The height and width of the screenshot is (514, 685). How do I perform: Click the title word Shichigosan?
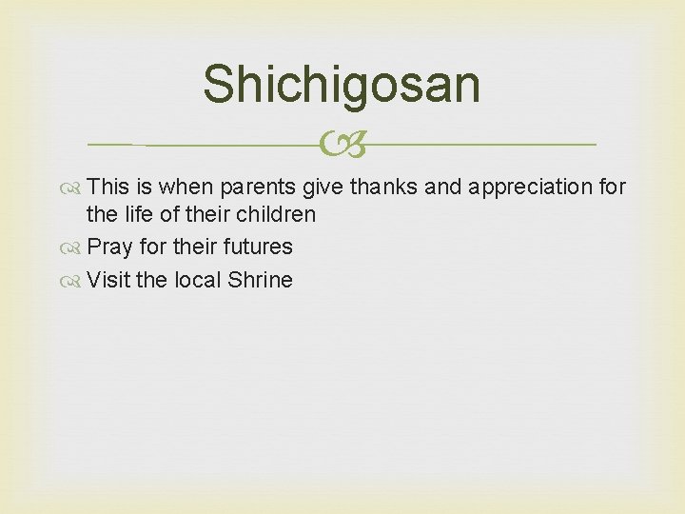click(342, 84)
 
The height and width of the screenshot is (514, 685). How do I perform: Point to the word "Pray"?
click(109, 247)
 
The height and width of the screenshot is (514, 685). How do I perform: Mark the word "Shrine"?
click(259, 280)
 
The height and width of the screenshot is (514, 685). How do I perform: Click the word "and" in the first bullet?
click(443, 187)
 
